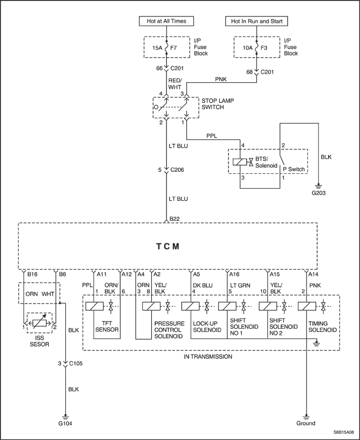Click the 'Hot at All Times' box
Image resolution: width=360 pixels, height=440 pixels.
click(166, 21)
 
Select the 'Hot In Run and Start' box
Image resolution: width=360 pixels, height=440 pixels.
click(256, 21)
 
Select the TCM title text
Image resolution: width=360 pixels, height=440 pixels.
click(168, 246)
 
